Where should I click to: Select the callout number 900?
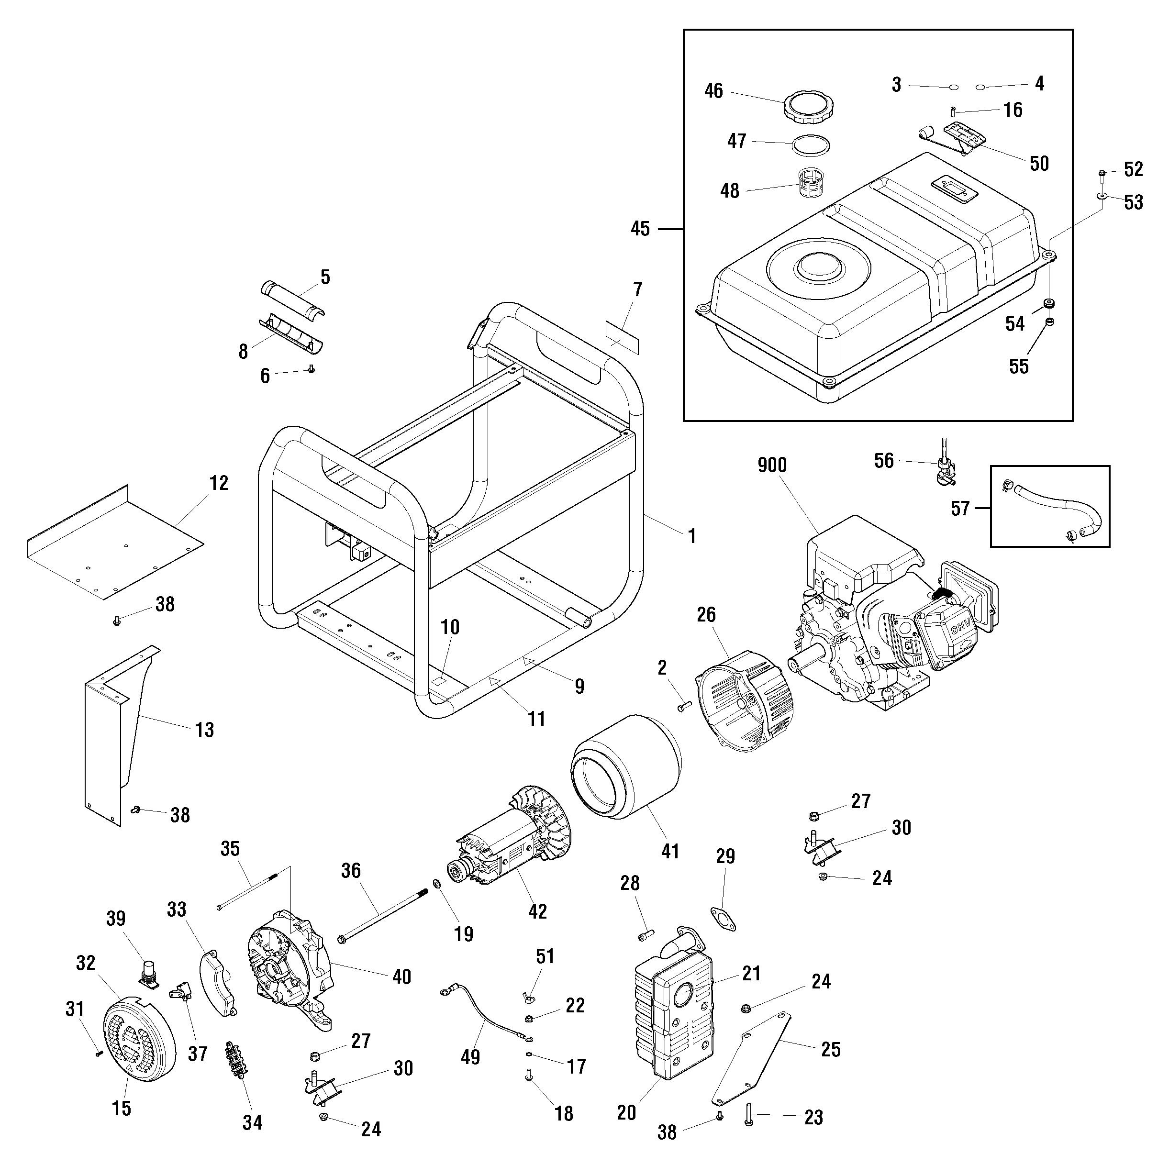pyautogui.click(x=771, y=465)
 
